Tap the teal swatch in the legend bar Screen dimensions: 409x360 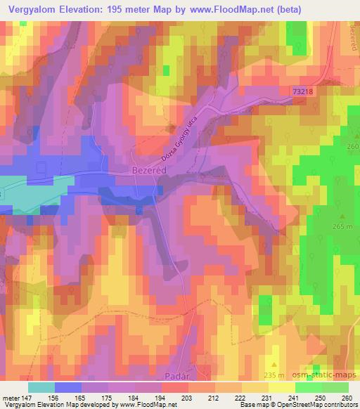click(41, 387)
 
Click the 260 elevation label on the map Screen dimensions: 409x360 click(352, 145)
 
